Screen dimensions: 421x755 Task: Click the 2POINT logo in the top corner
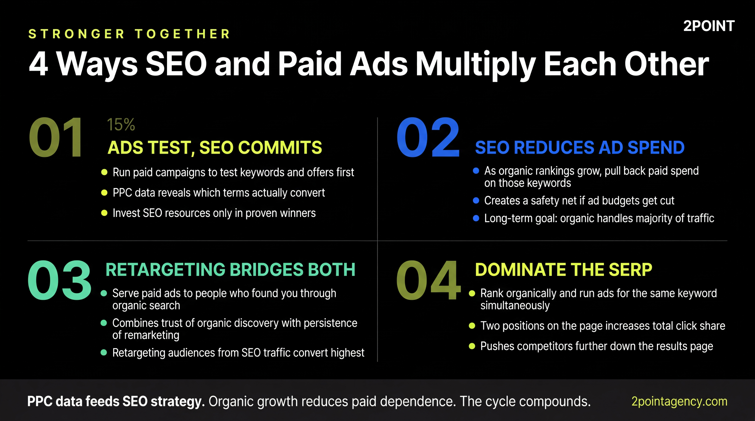709,26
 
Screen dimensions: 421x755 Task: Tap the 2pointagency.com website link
679,401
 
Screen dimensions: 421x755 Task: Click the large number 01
56,138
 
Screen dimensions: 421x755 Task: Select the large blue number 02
428,138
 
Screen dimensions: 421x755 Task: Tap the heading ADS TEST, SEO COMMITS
215,148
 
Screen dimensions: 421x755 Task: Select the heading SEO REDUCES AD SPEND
580,148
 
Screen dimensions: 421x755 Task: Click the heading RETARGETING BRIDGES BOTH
230,270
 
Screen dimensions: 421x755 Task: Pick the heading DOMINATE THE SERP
563,270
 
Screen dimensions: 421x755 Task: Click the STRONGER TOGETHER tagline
129,34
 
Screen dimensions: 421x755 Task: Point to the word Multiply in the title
475,64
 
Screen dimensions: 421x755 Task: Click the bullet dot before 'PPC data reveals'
104,193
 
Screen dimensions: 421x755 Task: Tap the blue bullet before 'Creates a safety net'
476,200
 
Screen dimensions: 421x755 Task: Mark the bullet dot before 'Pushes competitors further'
472,346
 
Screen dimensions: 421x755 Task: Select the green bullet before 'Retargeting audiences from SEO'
104,352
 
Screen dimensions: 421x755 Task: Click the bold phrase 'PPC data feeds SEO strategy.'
116,401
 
